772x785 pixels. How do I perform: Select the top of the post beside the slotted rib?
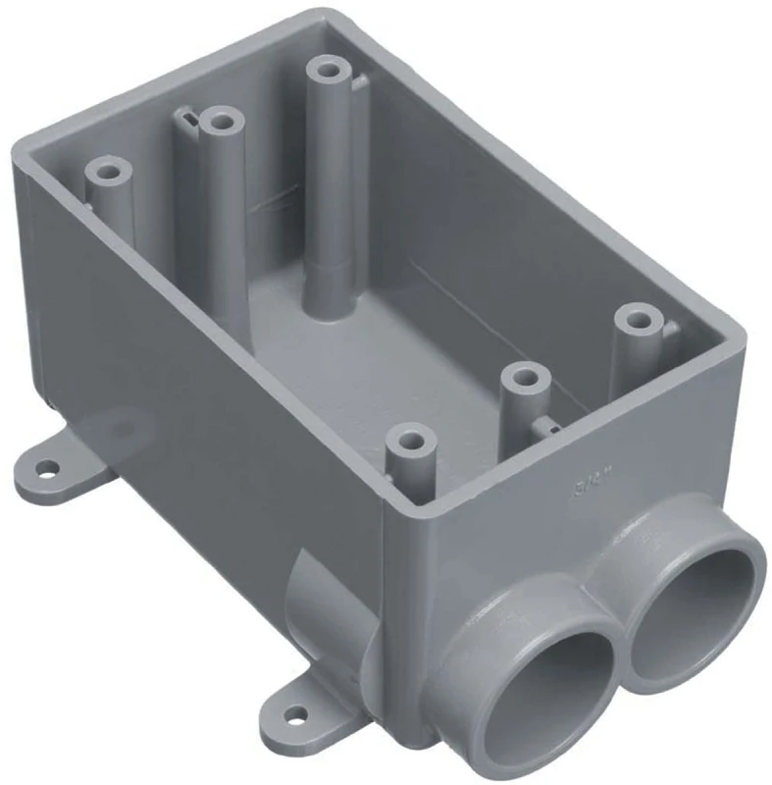pyautogui.click(x=224, y=123)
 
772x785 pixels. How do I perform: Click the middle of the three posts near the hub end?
pyautogui.click(x=529, y=376)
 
